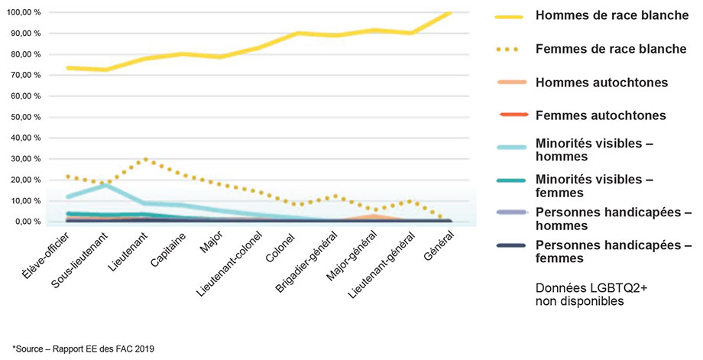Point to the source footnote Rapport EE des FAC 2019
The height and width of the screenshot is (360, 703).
(84, 349)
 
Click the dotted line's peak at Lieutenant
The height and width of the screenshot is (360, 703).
(146, 160)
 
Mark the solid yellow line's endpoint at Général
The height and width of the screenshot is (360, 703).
(450, 13)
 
